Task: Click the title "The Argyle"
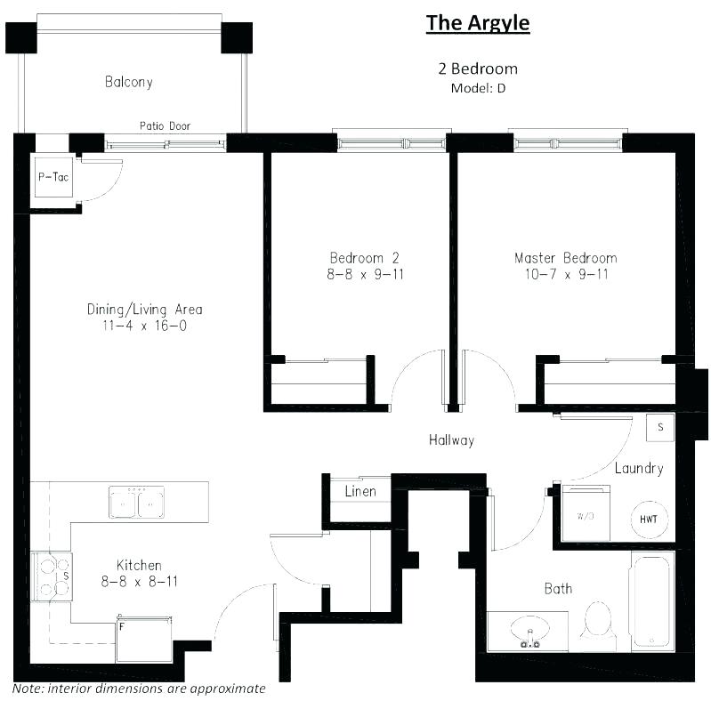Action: click(x=478, y=22)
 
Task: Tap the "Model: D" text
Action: click(x=478, y=88)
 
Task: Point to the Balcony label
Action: click(x=129, y=82)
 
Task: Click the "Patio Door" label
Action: click(x=165, y=126)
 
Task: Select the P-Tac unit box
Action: click(x=53, y=177)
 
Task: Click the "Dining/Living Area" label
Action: click(x=144, y=310)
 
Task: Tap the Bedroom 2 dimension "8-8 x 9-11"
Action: click(x=365, y=274)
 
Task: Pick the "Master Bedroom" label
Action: click(x=565, y=258)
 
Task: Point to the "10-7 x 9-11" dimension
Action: click(x=565, y=274)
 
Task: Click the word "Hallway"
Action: click(x=451, y=439)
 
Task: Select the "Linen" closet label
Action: click(x=360, y=491)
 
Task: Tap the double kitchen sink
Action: click(x=136, y=503)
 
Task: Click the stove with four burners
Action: click(x=52, y=575)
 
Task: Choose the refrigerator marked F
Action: click(x=143, y=637)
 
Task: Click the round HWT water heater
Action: click(x=649, y=519)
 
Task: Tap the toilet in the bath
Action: click(x=596, y=621)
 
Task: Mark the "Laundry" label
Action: click(x=638, y=468)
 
